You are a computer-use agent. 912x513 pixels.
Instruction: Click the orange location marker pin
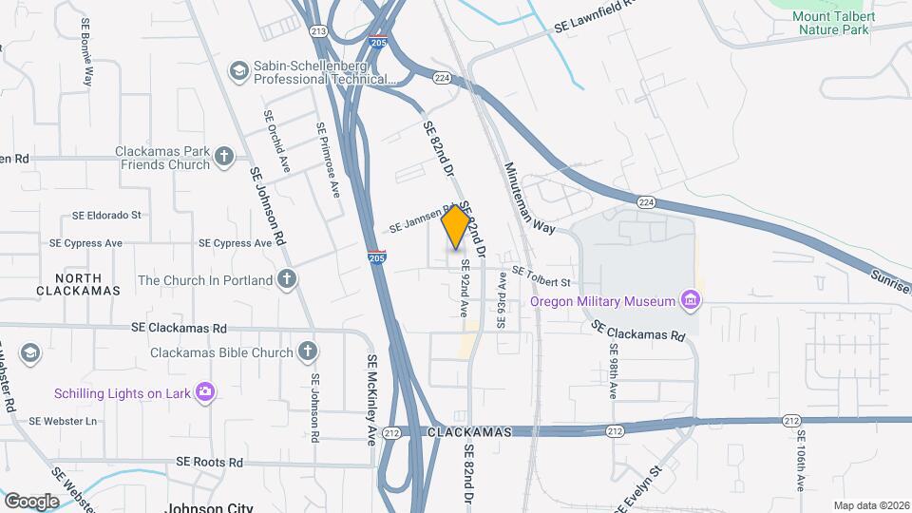(x=456, y=226)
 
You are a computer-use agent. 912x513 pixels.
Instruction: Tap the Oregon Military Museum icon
(x=691, y=302)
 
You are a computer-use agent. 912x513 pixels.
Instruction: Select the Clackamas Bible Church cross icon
(x=307, y=352)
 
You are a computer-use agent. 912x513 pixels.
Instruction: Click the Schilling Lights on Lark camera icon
(x=204, y=391)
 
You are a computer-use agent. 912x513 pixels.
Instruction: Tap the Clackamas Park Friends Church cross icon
(x=224, y=157)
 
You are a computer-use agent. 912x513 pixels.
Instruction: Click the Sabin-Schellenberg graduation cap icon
(x=238, y=70)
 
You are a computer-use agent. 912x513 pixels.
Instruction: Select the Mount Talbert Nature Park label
(x=831, y=23)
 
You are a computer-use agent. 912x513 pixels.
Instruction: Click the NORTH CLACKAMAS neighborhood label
(x=79, y=284)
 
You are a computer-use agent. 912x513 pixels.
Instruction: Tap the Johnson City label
(x=209, y=506)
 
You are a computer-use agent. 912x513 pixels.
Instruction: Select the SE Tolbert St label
(x=541, y=276)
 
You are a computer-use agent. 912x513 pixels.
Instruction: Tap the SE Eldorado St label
(x=106, y=216)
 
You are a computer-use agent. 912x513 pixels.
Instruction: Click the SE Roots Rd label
(x=209, y=462)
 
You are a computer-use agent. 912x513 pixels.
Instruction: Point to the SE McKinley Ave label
(x=371, y=400)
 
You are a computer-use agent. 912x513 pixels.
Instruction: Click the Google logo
(x=31, y=501)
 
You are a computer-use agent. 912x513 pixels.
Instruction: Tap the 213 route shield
(x=317, y=31)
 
